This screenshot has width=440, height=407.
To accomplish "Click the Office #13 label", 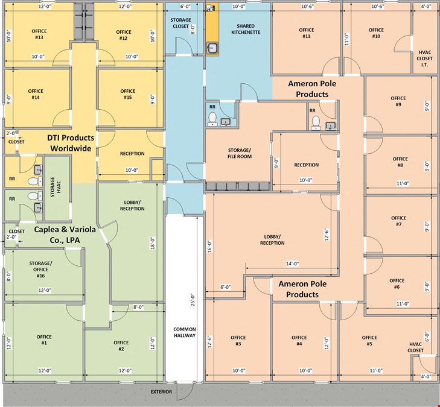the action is click(39, 34).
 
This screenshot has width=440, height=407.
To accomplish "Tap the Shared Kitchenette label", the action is click(246, 29).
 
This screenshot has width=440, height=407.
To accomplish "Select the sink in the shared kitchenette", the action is click(212, 48).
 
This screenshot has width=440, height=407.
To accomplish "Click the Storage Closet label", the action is click(180, 23).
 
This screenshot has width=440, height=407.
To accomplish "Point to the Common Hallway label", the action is click(184, 332).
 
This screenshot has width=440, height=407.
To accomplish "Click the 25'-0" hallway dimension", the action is click(193, 299).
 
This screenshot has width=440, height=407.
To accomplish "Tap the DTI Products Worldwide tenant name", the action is click(71, 143).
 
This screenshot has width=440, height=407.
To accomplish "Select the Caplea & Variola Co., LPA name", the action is click(65, 235).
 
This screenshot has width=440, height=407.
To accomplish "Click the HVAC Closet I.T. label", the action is click(424, 58).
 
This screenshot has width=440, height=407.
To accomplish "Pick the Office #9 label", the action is click(398, 101).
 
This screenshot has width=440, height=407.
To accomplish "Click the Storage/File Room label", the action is click(240, 153).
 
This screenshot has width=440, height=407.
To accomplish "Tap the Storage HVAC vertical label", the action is click(56, 187).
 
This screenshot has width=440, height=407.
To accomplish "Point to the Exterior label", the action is click(161, 391).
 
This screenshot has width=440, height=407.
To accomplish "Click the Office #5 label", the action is click(369, 341).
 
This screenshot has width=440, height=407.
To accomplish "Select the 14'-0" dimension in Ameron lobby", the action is click(292, 263).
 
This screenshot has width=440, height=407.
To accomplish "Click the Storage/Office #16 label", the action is click(40, 270).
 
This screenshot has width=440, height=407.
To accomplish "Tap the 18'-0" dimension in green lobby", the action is click(153, 243).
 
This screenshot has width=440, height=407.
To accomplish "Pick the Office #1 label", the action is click(44, 339).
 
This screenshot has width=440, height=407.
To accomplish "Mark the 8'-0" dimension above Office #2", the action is click(138, 307).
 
